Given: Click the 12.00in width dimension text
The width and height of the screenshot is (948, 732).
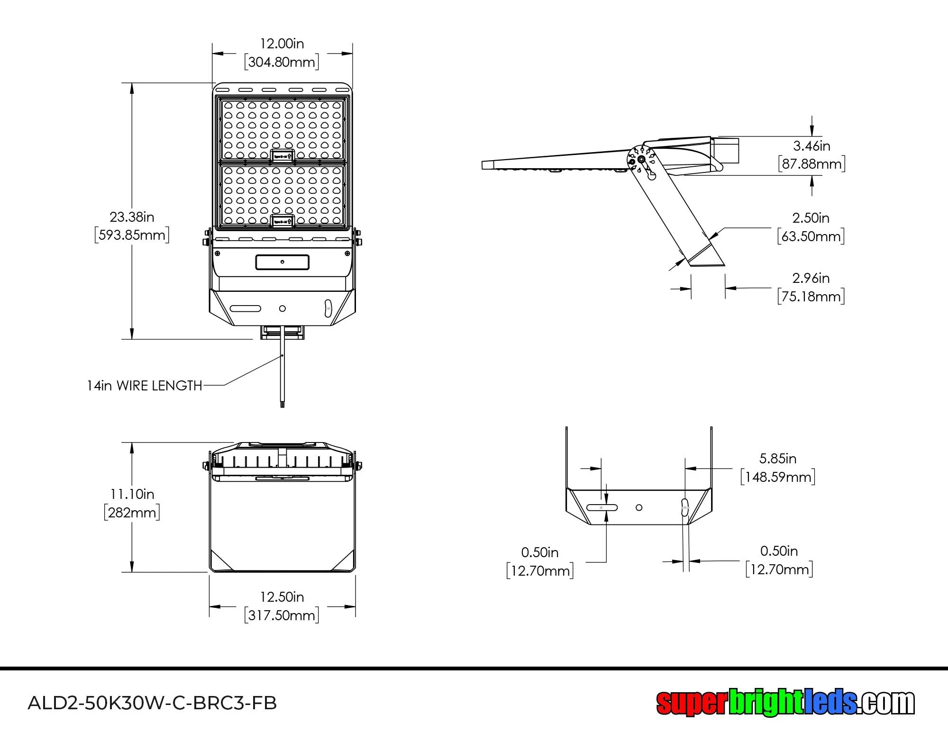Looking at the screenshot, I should tap(282, 44).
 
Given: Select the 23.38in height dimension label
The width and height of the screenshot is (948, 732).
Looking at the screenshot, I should tap(132, 217).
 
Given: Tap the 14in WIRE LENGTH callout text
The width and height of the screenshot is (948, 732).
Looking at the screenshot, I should tap(145, 386).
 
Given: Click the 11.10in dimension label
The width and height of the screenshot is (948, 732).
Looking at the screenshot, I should tap(132, 494).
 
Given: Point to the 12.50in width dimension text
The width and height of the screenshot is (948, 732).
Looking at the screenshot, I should tap(282, 597).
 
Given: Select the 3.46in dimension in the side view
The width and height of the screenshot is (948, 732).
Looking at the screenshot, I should tap(811, 146).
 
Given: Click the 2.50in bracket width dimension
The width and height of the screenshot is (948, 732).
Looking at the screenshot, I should tap(811, 218).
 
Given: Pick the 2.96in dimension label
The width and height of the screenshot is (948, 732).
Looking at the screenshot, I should tap(811, 278).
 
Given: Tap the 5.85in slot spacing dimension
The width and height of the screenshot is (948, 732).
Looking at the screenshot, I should tap(778, 459).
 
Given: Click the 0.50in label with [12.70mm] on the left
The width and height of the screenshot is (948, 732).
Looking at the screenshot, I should tap(539, 552).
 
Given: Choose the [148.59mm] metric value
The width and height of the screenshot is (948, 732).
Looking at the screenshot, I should tap(778, 477).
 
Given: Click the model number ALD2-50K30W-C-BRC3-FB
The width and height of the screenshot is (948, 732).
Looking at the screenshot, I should tap(152, 703).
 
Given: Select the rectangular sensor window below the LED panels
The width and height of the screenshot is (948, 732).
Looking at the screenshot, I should tap(283, 262).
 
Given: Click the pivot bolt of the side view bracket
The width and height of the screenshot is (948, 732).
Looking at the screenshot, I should tap(641, 159).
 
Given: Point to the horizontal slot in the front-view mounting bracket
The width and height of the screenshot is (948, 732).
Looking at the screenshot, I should tap(245, 308).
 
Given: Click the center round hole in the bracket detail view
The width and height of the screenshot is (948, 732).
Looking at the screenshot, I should tap(639, 507).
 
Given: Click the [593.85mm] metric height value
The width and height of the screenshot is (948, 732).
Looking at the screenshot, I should tap(132, 235).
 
